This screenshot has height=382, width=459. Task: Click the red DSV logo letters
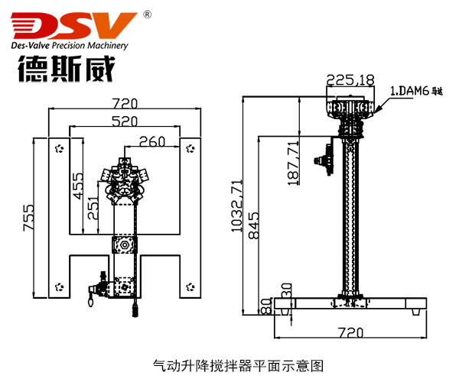[73, 27]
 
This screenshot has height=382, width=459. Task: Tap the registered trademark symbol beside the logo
[147, 13]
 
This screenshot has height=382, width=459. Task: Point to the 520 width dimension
[125, 121]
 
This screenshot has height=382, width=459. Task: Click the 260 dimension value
[152, 141]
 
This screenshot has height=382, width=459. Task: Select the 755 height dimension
[28, 218]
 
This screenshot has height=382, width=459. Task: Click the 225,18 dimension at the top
[350, 79]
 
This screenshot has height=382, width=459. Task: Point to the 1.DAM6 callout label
[417, 91]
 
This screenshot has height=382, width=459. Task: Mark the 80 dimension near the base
[265, 306]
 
